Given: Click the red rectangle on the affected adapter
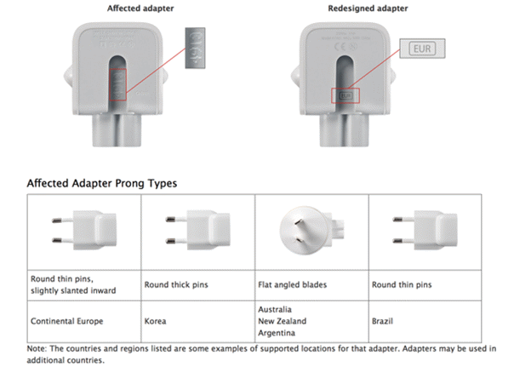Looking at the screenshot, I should point(118,83).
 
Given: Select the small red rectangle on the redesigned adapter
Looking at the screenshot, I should point(345,95).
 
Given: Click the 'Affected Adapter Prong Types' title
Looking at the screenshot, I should point(101,182).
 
